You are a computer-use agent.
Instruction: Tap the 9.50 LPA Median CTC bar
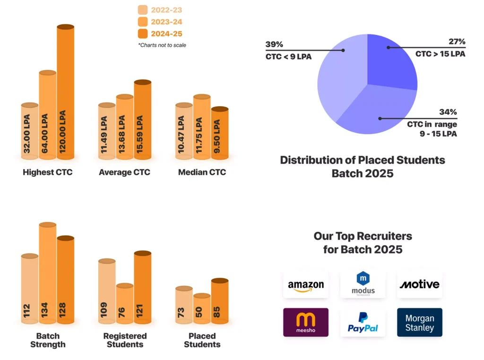click(x=219, y=133)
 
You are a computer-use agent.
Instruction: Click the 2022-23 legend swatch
click(x=143, y=10)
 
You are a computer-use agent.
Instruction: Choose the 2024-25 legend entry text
click(x=166, y=34)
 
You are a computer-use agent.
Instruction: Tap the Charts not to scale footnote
click(x=162, y=45)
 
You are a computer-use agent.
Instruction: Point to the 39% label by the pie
click(x=274, y=44)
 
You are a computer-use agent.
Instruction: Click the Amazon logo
click(x=306, y=285)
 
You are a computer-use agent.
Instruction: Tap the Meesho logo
click(x=306, y=322)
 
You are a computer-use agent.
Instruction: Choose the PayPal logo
click(x=363, y=322)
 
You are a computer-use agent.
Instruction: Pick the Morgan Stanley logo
click(x=419, y=322)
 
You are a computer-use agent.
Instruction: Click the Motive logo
click(x=419, y=284)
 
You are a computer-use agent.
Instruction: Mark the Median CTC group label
click(x=202, y=172)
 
